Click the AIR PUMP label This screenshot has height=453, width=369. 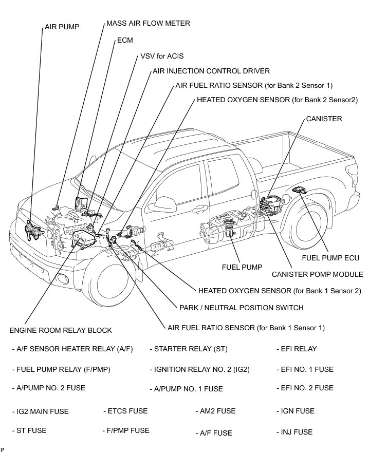pyautogui.click(x=62, y=27)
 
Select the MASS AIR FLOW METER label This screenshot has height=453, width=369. pyautogui.click(x=148, y=23)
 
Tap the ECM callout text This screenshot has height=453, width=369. pyautogui.click(x=125, y=40)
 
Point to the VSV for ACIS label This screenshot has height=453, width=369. pyautogui.click(x=161, y=56)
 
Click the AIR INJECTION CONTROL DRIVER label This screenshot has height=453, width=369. pyautogui.click(x=211, y=71)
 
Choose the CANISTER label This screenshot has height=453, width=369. pyautogui.click(x=324, y=119)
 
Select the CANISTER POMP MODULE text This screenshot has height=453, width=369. pyautogui.click(x=317, y=274)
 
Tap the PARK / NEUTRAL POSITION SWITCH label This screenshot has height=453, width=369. pyautogui.click(x=241, y=308)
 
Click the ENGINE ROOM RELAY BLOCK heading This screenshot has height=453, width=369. pyautogui.click(x=61, y=330)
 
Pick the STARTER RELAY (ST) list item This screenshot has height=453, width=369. pyautogui.click(x=188, y=349)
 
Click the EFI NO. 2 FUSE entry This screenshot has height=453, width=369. pyautogui.click(x=305, y=388)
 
